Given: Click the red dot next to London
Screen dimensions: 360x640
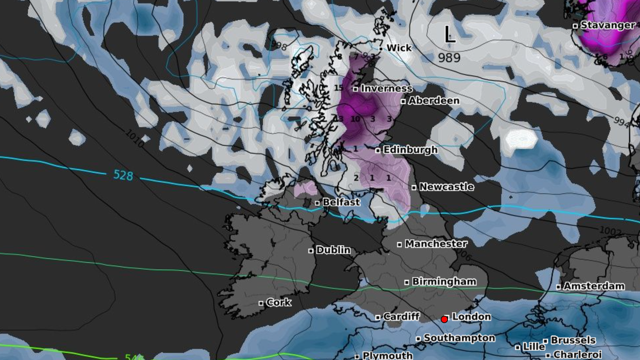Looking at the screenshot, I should click(444, 319).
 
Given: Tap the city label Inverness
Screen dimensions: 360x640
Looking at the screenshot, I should click(386, 88).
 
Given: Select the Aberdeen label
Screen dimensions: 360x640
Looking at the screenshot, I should click(433, 101).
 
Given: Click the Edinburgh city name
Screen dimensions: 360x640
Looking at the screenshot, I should click(410, 150).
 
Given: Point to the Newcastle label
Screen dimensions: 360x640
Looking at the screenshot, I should click(446, 187).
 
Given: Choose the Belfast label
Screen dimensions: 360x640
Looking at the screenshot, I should click(341, 202).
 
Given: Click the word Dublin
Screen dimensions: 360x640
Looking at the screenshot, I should click(333, 250).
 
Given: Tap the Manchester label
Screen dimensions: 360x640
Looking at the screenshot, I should click(436, 244).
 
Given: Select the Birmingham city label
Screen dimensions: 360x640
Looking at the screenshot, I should click(444, 282).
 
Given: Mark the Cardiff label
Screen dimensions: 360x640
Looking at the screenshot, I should click(401, 317).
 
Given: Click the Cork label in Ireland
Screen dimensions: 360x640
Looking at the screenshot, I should click(279, 302).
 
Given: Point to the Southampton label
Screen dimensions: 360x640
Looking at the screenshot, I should click(459, 338).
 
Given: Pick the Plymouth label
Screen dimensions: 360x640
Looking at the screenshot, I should click(387, 355).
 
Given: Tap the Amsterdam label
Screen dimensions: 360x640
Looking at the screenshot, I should click(594, 286).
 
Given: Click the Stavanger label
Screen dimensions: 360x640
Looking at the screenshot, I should click(607, 25).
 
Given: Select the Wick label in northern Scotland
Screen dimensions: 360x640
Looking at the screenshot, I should click(399, 48).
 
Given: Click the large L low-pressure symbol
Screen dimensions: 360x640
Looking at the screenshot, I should click(450, 35).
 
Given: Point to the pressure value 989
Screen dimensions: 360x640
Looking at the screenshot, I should click(449, 58).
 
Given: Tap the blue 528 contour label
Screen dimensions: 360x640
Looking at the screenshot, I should click(123, 175).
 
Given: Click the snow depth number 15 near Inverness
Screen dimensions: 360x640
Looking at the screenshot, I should click(338, 88).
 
